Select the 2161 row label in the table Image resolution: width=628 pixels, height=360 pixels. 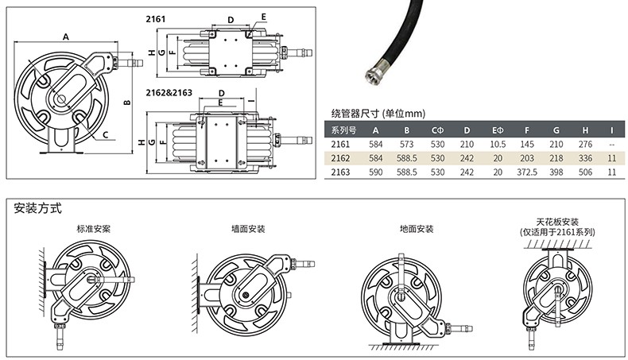tap(341, 145)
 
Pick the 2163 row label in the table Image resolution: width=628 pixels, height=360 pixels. tap(341, 172)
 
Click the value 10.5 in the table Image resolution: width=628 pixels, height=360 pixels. tap(498, 145)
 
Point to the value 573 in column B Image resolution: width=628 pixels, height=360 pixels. tap(406, 145)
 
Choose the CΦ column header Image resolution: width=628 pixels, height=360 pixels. tap(437, 130)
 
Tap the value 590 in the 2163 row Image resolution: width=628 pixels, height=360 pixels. tap(376, 172)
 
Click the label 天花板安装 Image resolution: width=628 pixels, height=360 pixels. tap(557, 221)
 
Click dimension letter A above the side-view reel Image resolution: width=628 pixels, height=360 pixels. tap(66, 36)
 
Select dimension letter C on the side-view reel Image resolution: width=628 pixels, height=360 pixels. tap(105, 135)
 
